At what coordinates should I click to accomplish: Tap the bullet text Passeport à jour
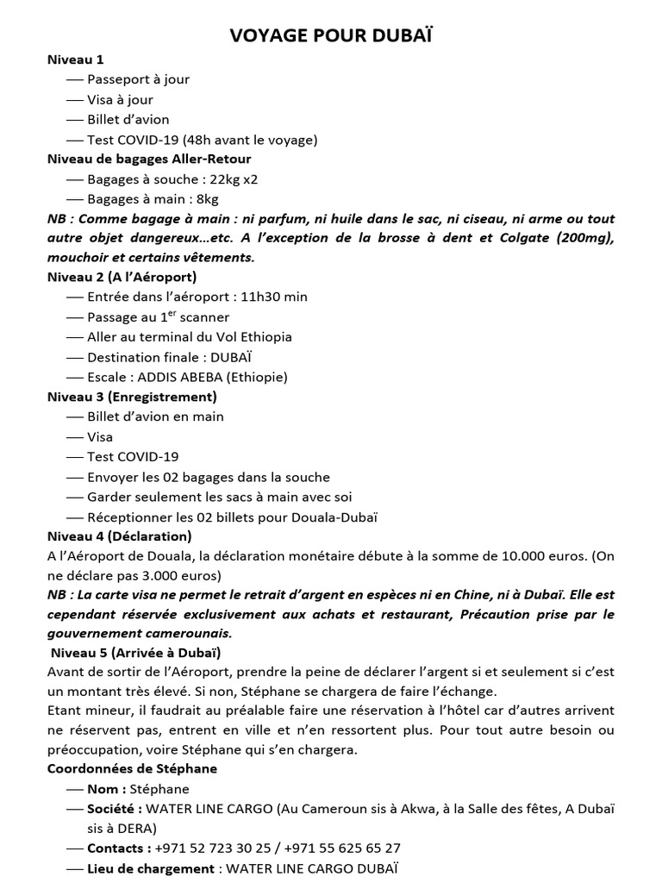click(x=138, y=79)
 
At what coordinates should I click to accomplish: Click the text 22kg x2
click(x=234, y=179)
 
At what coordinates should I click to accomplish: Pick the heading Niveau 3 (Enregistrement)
click(x=132, y=397)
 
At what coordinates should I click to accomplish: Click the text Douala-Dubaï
click(x=331, y=517)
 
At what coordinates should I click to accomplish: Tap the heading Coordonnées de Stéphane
click(x=132, y=768)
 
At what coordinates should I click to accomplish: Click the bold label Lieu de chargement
click(x=151, y=868)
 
